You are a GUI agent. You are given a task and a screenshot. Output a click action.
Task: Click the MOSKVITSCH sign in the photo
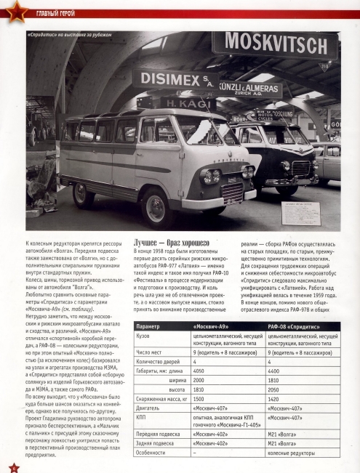(274, 46)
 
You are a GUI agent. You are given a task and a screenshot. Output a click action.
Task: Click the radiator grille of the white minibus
(231, 191)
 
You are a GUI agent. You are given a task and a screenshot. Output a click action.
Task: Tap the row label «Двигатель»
(151, 409)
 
